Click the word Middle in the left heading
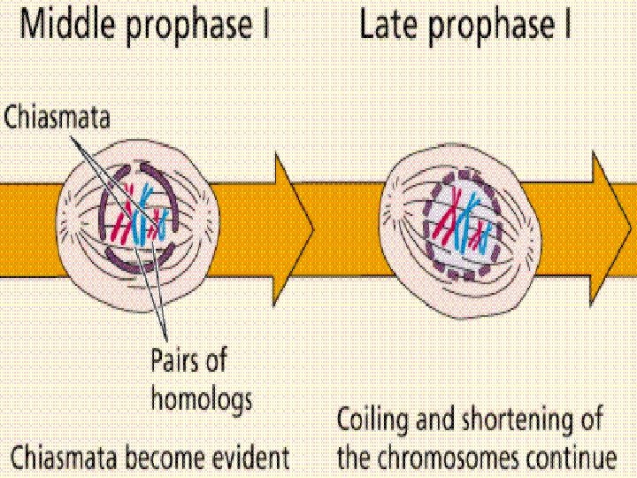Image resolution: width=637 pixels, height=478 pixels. point(71,27)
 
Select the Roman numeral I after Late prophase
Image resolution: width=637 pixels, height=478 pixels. point(567,27)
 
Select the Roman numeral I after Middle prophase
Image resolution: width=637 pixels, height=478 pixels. point(264,27)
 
